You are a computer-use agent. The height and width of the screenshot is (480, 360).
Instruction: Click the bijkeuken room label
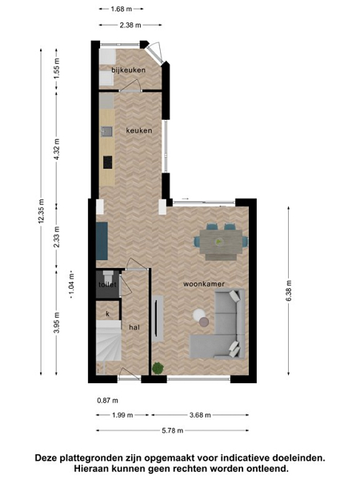point(128,70)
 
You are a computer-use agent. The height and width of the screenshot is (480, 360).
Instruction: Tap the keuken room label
point(139,130)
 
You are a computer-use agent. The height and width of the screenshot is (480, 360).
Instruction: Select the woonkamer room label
point(204,284)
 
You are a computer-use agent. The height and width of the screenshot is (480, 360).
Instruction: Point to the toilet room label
point(107,285)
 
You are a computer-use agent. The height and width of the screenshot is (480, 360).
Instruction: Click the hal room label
point(134,327)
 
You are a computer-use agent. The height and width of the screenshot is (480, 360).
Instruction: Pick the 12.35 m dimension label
point(42,211)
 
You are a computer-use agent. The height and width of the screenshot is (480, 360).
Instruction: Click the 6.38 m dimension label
point(289,291)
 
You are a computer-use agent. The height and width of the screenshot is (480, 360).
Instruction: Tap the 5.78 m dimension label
point(172,430)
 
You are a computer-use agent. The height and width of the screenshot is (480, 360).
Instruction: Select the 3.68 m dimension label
point(200,415)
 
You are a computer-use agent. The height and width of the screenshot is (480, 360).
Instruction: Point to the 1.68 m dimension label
point(122,9)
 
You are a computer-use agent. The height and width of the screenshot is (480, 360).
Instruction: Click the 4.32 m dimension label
point(57,150)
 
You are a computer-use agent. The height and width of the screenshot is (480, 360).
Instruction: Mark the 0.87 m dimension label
point(107,401)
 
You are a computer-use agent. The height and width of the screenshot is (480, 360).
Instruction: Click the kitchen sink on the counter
point(106,132)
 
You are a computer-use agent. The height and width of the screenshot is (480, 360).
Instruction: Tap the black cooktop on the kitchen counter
point(107,162)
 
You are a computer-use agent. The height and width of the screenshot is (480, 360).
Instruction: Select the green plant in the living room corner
point(158,368)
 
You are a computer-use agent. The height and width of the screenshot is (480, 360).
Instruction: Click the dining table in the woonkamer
point(221,242)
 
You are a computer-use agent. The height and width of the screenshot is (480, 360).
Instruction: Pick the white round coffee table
point(199,314)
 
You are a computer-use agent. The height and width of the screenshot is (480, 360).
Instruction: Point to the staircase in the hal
point(109,341)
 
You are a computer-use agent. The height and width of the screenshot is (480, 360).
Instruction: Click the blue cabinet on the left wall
point(102,241)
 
